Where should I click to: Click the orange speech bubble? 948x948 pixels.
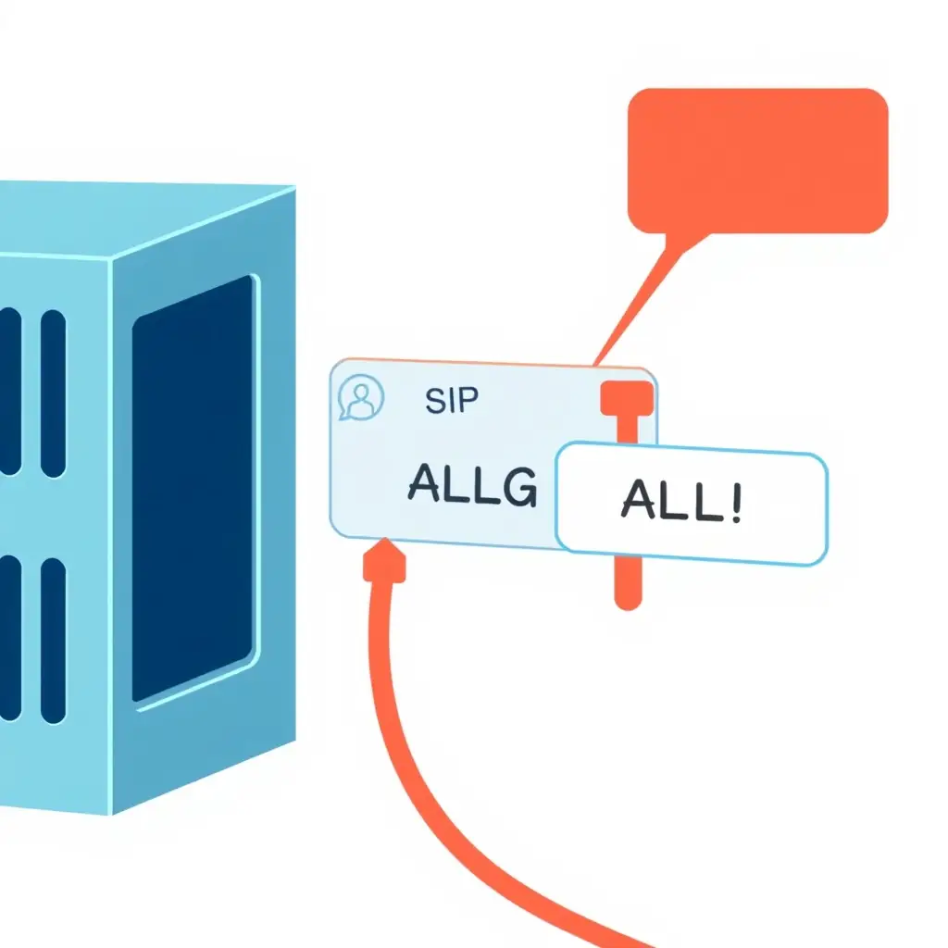click(x=757, y=160)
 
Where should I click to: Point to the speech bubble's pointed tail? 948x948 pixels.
click(x=648, y=287)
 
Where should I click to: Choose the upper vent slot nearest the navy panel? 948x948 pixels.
click(x=54, y=393)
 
